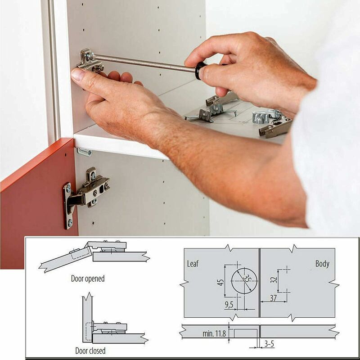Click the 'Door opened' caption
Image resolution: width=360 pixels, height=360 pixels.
(88, 279)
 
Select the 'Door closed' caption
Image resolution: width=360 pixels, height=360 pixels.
(90, 351)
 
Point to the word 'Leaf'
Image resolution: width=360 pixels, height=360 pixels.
(193, 264)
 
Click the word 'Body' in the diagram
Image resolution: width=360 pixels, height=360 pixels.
(322, 264)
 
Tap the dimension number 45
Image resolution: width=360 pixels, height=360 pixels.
(220, 282)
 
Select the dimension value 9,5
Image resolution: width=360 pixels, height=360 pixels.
(229, 305)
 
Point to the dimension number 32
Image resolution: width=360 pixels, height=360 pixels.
(274, 280)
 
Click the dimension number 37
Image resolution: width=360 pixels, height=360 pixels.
(273, 298)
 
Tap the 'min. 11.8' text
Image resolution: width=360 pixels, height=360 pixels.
(214, 333)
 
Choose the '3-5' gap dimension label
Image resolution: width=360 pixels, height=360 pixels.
(269, 344)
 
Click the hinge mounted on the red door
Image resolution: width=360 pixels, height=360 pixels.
(86, 195)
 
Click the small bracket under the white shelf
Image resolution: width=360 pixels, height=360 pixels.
(84, 152)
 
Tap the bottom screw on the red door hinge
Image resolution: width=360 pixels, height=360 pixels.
(70, 222)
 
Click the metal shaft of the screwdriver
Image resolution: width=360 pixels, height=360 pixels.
(144, 62)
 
